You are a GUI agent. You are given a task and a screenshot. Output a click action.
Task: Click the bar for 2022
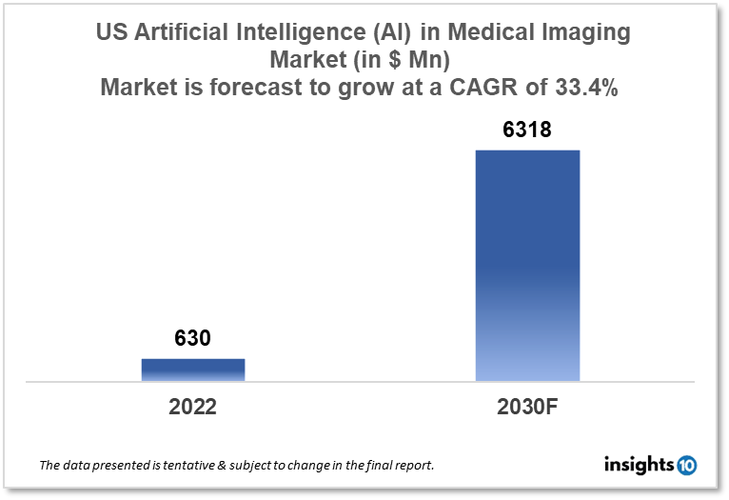click(193, 370)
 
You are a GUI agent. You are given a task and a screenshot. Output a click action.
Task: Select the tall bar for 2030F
click(527, 266)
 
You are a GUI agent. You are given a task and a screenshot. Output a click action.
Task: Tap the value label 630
click(192, 338)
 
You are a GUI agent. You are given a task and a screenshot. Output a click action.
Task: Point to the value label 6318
click(527, 130)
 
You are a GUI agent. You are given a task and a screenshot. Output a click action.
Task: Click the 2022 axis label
click(193, 407)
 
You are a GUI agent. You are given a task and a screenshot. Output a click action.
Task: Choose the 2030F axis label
click(528, 407)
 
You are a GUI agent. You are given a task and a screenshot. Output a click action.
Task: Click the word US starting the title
click(113, 32)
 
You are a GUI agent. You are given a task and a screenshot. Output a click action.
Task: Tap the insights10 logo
click(650, 466)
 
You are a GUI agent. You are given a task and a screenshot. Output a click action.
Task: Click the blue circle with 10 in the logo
click(686, 466)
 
